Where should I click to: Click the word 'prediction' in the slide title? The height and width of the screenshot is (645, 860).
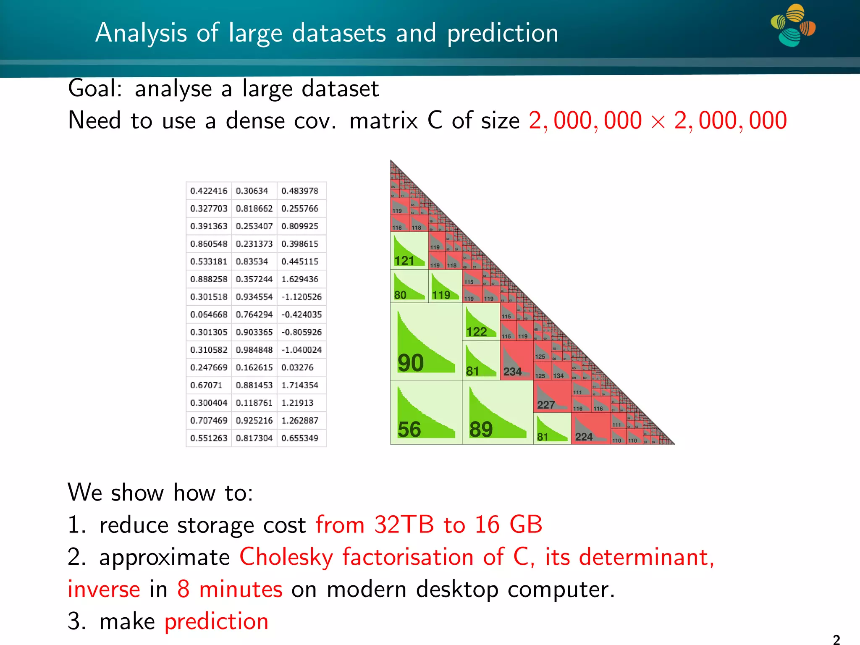click(x=503, y=33)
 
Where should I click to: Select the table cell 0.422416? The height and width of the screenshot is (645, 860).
click(x=209, y=191)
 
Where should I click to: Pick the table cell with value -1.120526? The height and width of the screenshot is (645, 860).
click(x=302, y=297)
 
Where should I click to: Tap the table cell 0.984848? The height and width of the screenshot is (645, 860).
click(x=254, y=350)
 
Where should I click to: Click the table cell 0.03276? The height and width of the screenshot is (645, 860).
click(x=297, y=367)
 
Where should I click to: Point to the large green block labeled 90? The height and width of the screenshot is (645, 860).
click(x=426, y=342)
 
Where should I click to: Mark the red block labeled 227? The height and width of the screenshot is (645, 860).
click(x=552, y=396)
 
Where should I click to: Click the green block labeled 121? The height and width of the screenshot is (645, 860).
click(x=409, y=250)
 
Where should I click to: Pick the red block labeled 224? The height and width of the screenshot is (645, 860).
click(x=590, y=429)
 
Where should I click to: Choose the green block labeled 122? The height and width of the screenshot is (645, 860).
click(x=480, y=322)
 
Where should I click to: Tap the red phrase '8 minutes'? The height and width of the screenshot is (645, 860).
click(x=230, y=589)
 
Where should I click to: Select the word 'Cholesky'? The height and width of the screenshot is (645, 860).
click(x=286, y=557)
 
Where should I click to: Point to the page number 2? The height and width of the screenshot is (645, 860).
click(x=836, y=639)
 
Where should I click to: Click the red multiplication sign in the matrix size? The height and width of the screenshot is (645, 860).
click(x=658, y=122)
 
